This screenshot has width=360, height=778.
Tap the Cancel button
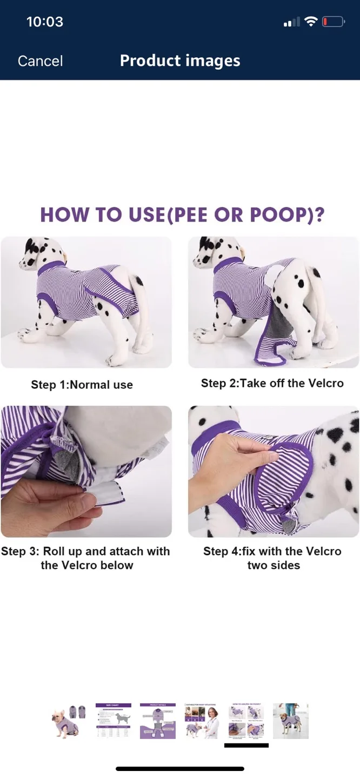click(x=40, y=61)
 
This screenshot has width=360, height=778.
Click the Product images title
click(x=180, y=61)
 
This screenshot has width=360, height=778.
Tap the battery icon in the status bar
click(x=333, y=22)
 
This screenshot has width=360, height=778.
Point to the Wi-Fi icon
click(x=310, y=22)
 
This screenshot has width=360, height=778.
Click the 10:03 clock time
click(x=45, y=22)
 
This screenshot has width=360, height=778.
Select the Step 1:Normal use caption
click(x=82, y=385)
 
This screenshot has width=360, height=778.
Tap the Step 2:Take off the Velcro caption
click(x=272, y=383)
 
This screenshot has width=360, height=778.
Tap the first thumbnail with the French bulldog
click(x=69, y=721)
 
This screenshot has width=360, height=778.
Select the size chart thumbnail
click(x=114, y=721)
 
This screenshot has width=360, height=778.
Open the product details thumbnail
click(x=158, y=721)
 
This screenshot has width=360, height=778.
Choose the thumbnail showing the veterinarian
click(x=202, y=721)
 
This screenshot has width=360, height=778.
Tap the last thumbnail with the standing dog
click(x=291, y=721)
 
